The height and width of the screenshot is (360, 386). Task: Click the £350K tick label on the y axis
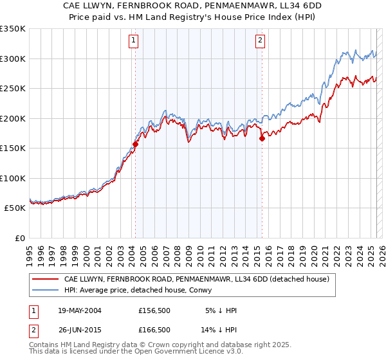(13, 29)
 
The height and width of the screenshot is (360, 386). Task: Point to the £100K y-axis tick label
(13, 178)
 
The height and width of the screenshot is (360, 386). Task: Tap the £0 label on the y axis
(19, 238)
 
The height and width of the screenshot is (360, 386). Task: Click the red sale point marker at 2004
(136, 145)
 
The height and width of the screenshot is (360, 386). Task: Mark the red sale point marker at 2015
(262, 138)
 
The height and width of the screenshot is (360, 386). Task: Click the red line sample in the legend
(46, 279)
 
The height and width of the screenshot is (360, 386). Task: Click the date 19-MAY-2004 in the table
(79, 311)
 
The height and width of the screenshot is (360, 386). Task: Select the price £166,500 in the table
(154, 330)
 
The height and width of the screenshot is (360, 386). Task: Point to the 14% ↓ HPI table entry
(219, 330)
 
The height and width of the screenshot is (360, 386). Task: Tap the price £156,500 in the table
(154, 311)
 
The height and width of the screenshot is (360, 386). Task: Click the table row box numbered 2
(33, 330)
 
